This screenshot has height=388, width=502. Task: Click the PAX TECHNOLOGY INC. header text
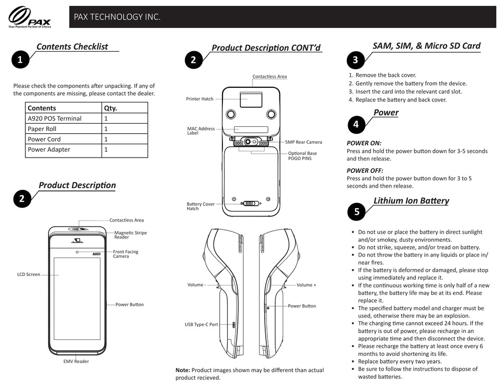click(x=117, y=17)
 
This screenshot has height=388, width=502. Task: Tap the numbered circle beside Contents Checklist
click(x=20, y=60)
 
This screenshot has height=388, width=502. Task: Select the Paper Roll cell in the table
click(x=42, y=129)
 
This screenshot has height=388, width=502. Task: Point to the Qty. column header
click(x=110, y=108)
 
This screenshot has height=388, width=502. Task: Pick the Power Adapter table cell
click(x=49, y=150)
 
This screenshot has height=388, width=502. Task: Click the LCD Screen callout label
click(x=29, y=274)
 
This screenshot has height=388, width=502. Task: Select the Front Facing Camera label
click(x=126, y=254)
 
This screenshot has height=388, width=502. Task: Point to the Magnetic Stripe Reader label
click(x=131, y=235)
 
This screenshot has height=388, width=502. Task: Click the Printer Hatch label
click(x=200, y=99)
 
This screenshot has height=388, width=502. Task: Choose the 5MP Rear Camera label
click(x=303, y=142)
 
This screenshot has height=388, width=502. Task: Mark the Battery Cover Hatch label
click(x=200, y=206)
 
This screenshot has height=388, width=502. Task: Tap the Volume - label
click(x=197, y=285)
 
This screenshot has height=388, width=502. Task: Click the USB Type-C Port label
click(x=201, y=325)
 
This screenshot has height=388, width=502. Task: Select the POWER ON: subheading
click(x=364, y=143)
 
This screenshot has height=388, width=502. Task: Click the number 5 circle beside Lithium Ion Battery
click(x=357, y=212)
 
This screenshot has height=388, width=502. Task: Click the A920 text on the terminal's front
click(x=97, y=254)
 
